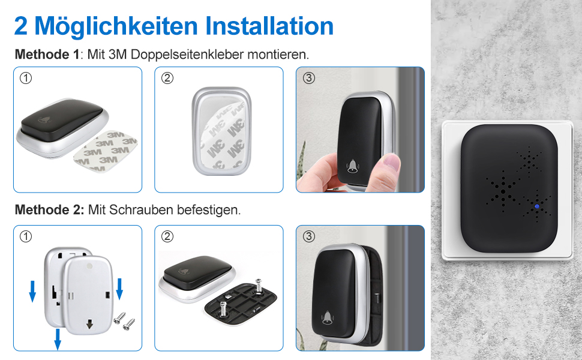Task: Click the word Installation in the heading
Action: [x=269, y=26]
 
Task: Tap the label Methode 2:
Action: [x=49, y=210]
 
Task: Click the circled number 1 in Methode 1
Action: [x=26, y=78]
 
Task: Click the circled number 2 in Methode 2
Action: [x=167, y=236]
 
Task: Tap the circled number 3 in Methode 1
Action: [x=308, y=78]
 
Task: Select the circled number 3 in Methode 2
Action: [x=308, y=236]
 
